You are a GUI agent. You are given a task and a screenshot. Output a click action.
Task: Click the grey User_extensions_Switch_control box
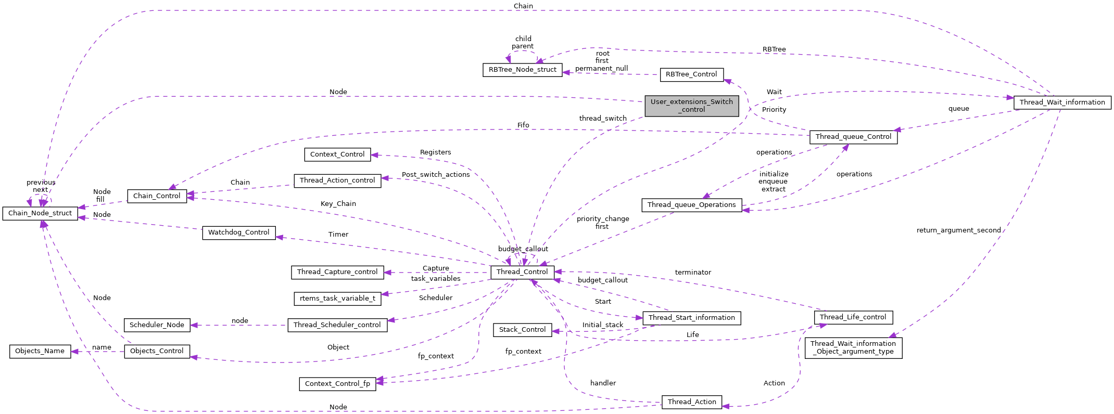pyautogui.click(x=691, y=106)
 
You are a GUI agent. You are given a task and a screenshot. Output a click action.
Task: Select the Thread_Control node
pyautogui.click(x=522, y=272)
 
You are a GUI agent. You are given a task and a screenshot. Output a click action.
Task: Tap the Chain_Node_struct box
pyautogui.click(x=40, y=213)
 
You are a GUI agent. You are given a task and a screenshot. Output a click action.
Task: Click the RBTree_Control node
pyautogui.click(x=691, y=74)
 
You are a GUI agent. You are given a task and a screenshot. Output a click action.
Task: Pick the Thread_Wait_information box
pyautogui.click(x=1062, y=102)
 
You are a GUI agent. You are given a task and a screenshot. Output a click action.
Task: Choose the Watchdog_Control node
pyautogui.click(x=238, y=232)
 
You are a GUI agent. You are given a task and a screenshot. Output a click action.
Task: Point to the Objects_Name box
pyautogui.click(x=40, y=351)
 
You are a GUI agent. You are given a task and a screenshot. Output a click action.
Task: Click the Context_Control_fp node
pyautogui.click(x=337, y=384)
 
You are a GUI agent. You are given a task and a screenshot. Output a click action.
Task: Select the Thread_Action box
pyautogui.click(x=691, y=402)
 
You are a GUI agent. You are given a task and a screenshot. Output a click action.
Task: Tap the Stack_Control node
pyautogui.click(x=522, y=330)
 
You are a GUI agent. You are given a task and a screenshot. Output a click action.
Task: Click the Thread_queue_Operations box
pyautogui.click(x=691, y=205)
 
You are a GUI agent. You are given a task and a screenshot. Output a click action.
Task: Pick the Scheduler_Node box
pyautogui.click(x=157, y=325)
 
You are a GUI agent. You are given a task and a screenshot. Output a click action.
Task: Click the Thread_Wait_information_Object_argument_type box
pyautogui.click(x=853, y=347)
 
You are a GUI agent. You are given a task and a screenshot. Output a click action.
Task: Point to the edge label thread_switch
pyautogui.click(x=603, y=119)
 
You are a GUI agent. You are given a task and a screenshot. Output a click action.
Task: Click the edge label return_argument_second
pyautogui.click(x=958, y=230)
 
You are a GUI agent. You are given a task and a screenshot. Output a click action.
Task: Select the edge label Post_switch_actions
pyautogui.click(x=436, y=175)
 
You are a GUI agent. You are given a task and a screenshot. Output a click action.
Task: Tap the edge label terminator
pyautogui.click(x=693, y=273)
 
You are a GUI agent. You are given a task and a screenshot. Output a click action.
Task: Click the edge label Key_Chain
pyautogui.click(x=338, y=204)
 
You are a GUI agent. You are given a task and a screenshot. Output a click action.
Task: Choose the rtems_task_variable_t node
pyautogui.click(x=337, y=299)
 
